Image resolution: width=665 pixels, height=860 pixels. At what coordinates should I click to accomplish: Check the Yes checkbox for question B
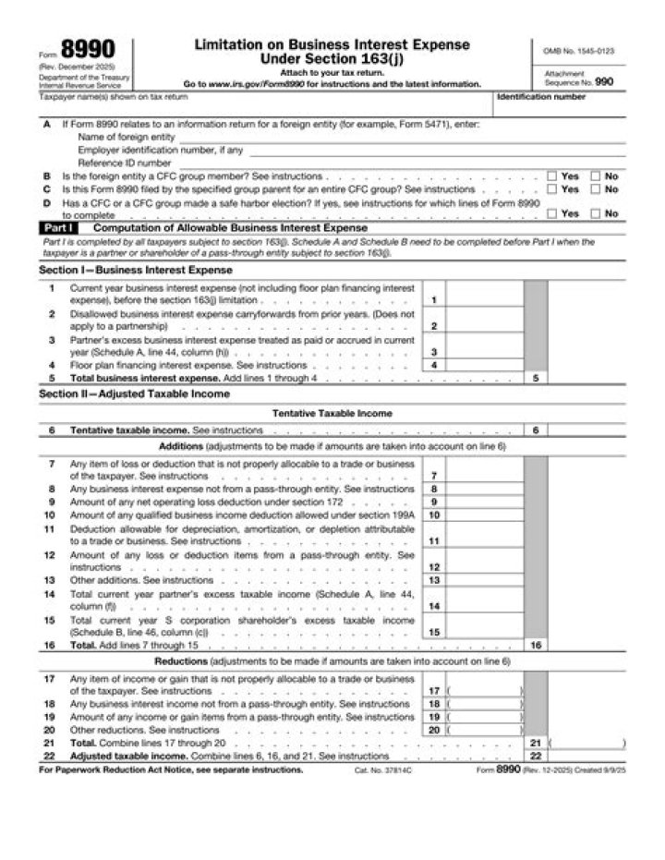pyautogui.click(x=551, y=176)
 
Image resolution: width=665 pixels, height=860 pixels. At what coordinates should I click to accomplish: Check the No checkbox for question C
pyautogui.click(x=596, y=188)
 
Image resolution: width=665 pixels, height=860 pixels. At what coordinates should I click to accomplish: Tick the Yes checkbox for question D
pyautogui.click(x=551, y=213)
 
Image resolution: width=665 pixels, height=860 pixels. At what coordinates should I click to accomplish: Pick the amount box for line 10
pyautogui.click(x=483, y=515)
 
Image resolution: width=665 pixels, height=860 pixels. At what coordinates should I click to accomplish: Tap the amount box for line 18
pyautogui.click(x=484, y=704)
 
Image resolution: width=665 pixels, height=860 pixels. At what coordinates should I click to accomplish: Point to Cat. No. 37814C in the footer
pyautogui.click(x=380, y=769)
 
